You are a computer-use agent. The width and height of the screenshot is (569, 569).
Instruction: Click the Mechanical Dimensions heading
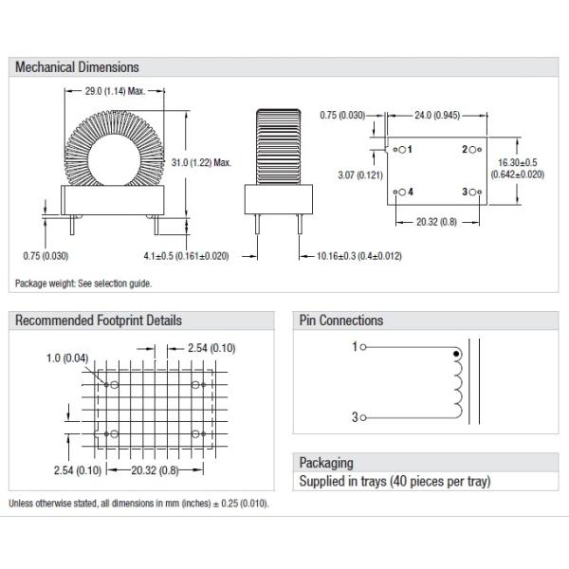[x=77, y=67]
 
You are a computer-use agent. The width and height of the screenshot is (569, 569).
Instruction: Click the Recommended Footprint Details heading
[x=99, y=321]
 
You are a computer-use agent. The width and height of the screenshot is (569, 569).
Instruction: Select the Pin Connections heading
[x=341, y=321]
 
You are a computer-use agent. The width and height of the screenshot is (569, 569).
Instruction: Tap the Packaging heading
[x=326, y=463]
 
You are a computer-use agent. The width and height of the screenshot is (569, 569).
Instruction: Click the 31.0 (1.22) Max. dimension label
[x=203, y=163]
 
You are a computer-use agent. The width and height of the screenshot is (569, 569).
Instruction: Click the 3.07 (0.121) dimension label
[x=360, y=175]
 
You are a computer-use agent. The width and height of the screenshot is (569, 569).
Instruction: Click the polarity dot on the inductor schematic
[x=458, y=355]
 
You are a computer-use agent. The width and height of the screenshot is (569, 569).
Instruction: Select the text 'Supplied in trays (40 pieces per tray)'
[x=395, y=483]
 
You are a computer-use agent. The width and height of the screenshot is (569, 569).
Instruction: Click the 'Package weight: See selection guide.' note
[x=83, y=284]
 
